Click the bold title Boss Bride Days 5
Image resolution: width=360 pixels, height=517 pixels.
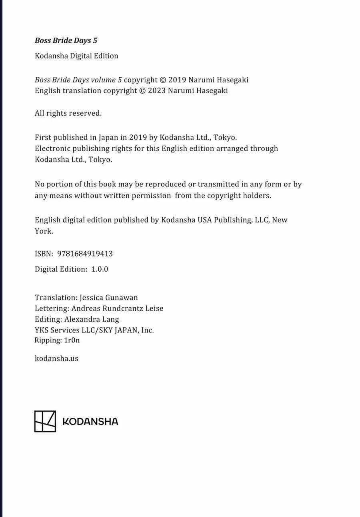click(66, 40)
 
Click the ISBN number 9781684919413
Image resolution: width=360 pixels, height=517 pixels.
click(85, 254)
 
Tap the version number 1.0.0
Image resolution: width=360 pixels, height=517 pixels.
click(100, 269)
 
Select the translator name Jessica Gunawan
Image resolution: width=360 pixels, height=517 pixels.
click(108, 298)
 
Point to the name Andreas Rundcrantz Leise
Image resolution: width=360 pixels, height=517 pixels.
click(117, 309)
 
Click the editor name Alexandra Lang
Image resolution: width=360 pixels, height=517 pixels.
click(92, 319)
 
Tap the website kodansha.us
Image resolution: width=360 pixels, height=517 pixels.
click(56, 359)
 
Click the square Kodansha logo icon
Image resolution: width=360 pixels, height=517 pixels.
click(45, 421)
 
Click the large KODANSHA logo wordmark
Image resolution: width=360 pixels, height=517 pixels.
click(90, 422)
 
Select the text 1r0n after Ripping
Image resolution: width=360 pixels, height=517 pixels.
click(72, 341)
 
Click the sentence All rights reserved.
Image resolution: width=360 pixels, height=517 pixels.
click(68, 113)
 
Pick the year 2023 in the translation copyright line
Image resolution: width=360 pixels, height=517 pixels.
click(157, 91)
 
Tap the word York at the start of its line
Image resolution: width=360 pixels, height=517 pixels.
click(44, 231)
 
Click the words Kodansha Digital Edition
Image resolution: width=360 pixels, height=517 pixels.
click(76, 56)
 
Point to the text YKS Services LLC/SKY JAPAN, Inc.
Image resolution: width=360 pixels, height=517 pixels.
click(94, 330)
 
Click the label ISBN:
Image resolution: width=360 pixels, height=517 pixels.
click(44, 254)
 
